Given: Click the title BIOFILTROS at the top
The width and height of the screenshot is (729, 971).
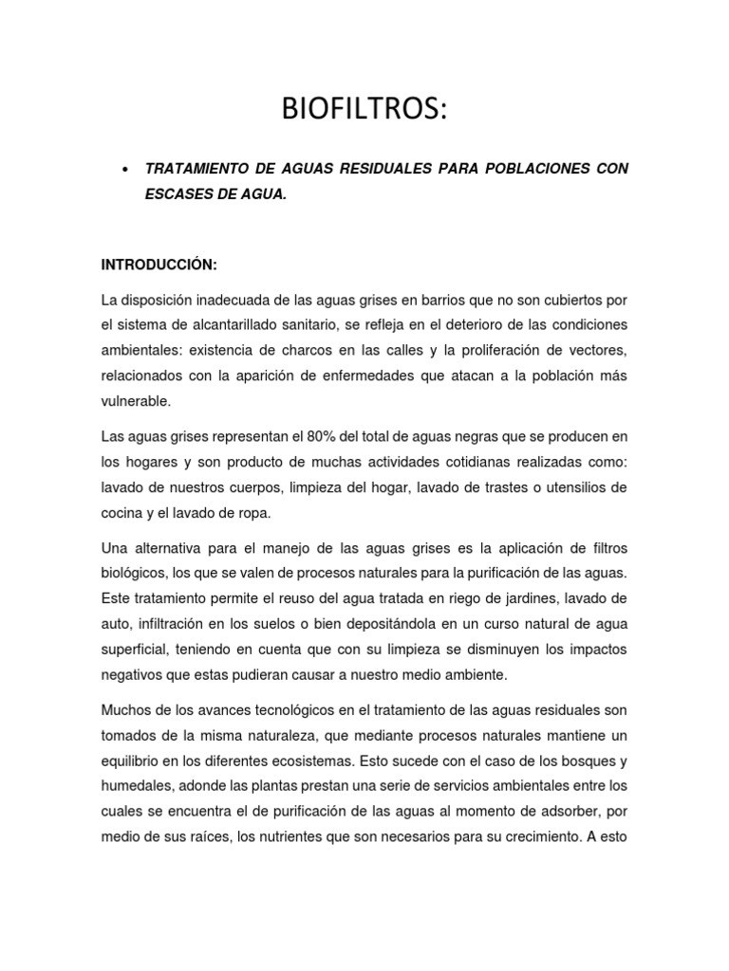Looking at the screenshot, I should tap(363, 110).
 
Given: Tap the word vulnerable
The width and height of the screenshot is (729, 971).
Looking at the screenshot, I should tap(136, 401).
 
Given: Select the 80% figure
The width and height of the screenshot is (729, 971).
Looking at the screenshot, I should tap(324, 436).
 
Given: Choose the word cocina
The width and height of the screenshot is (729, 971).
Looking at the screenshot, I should tap(121, 512).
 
